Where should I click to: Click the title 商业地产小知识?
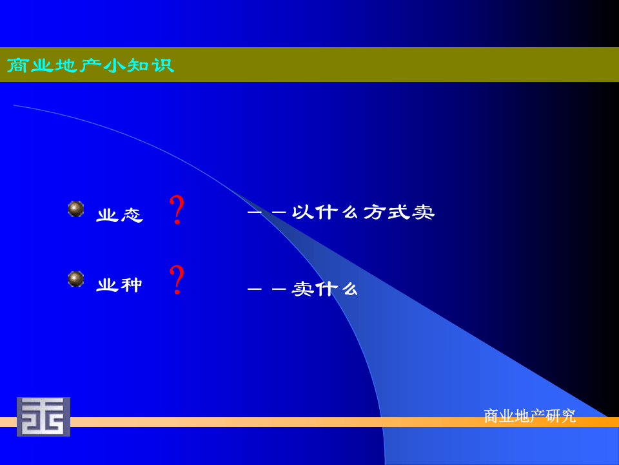click(90, 65)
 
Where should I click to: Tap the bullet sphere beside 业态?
click(76, 209)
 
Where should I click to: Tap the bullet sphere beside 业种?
click(76, 278)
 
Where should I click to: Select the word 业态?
click(119, 215)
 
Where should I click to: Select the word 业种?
click(119, 285)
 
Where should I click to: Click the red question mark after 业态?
click(177, 210)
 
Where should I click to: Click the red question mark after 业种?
click(177, 280)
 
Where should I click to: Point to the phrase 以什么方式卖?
click(363, 212)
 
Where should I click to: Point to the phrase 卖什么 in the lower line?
click(325, 289)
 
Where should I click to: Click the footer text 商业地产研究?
click(529, 416)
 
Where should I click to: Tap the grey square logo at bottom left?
click(43, 417)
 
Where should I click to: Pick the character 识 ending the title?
click(164, 65)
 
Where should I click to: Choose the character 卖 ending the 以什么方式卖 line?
click(424, 212)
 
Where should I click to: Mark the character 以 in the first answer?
click(302, 212)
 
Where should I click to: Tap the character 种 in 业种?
click(132, 285)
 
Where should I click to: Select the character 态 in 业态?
click(132, 215)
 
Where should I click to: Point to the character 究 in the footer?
click(568, 416)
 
